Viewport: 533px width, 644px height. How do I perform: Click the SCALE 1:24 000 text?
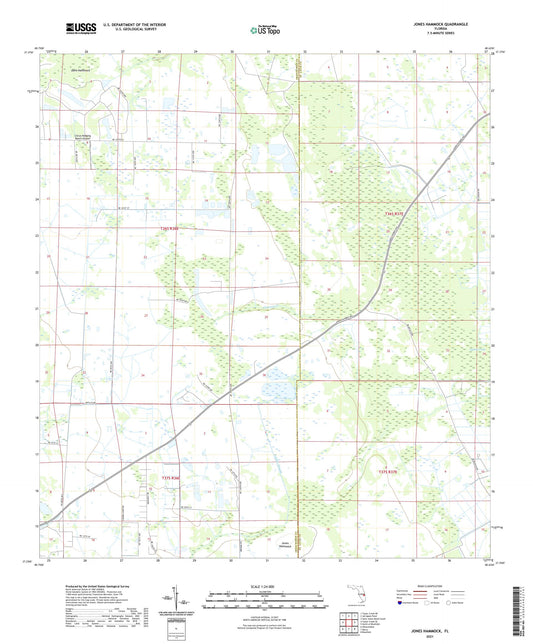(x=266, y=586)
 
